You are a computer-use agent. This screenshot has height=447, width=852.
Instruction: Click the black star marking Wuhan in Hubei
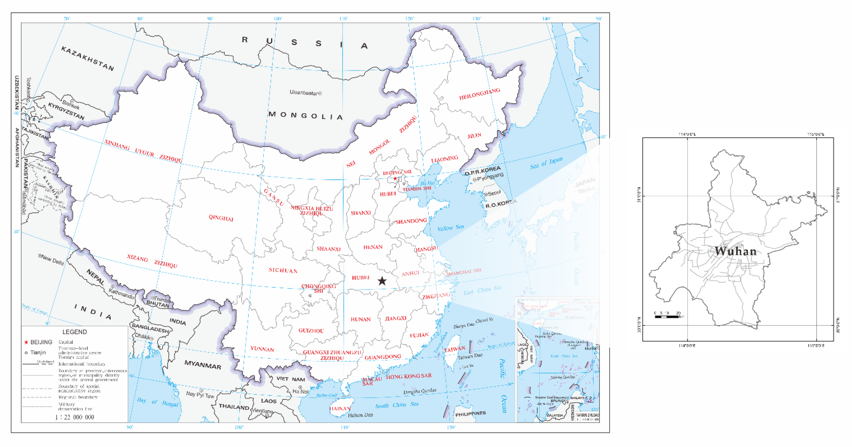click(382, 281)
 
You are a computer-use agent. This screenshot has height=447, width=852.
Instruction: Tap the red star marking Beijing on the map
click(395, 178)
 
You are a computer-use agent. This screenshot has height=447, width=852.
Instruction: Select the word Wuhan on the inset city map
click(736, 251)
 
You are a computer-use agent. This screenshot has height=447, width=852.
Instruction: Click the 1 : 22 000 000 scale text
click(74, 417)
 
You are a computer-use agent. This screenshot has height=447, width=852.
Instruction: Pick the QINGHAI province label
click(221, 218)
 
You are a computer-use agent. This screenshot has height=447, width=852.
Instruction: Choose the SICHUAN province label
click(283, 270)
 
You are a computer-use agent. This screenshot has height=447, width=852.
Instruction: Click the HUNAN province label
click(361, 319)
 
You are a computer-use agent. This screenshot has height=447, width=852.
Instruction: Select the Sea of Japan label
click(546, 163)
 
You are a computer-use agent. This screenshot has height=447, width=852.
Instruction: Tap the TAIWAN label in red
click(454, 349)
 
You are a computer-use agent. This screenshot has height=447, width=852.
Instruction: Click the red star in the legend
click(26, 342)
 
